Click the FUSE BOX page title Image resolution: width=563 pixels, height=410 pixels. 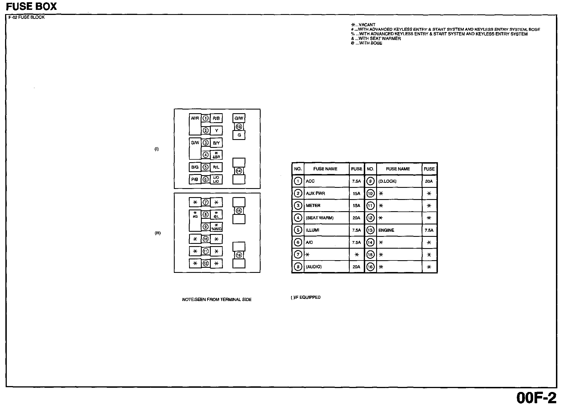pos(31,6)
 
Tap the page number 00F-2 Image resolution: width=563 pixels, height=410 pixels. pos(536,398)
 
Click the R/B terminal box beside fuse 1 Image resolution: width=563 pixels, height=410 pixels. pos(216,119)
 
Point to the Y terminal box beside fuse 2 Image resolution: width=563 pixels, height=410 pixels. pos(216,131)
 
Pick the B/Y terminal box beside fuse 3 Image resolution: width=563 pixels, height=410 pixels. pos(216,143)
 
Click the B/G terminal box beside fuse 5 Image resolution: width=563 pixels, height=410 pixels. pos(195,167)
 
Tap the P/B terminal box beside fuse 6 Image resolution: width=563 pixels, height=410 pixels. pos(195,179)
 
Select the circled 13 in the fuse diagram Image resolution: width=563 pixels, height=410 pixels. pos(239,127)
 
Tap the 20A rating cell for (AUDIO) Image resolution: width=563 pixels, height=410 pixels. pos(356,267)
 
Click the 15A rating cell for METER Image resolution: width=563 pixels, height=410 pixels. pos(356,206)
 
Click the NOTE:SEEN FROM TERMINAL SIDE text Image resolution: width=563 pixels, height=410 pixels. pos(217,300)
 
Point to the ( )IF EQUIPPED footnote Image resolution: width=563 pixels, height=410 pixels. pos(306,297)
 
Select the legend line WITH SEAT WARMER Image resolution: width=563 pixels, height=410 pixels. pos(376,39)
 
